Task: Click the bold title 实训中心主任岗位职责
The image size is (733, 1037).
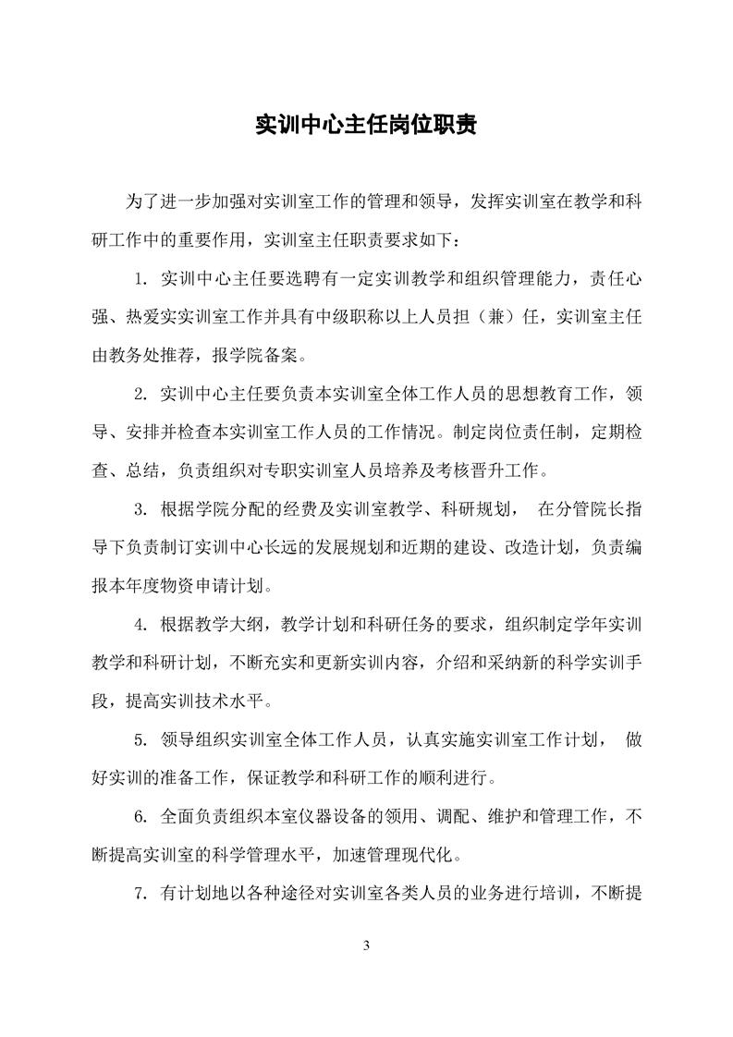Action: pyautogui.click(x=366, y=126)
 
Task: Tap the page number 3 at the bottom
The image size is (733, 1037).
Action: pyautogui.click(x=367, y=945)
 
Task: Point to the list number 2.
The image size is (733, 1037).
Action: pyautogui.click(x=141, y=395)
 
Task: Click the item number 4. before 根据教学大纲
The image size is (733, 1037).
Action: pyautogui.click(x=141, y=624)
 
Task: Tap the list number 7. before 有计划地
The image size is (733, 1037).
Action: pyautogui.click(x=141, y=893)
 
